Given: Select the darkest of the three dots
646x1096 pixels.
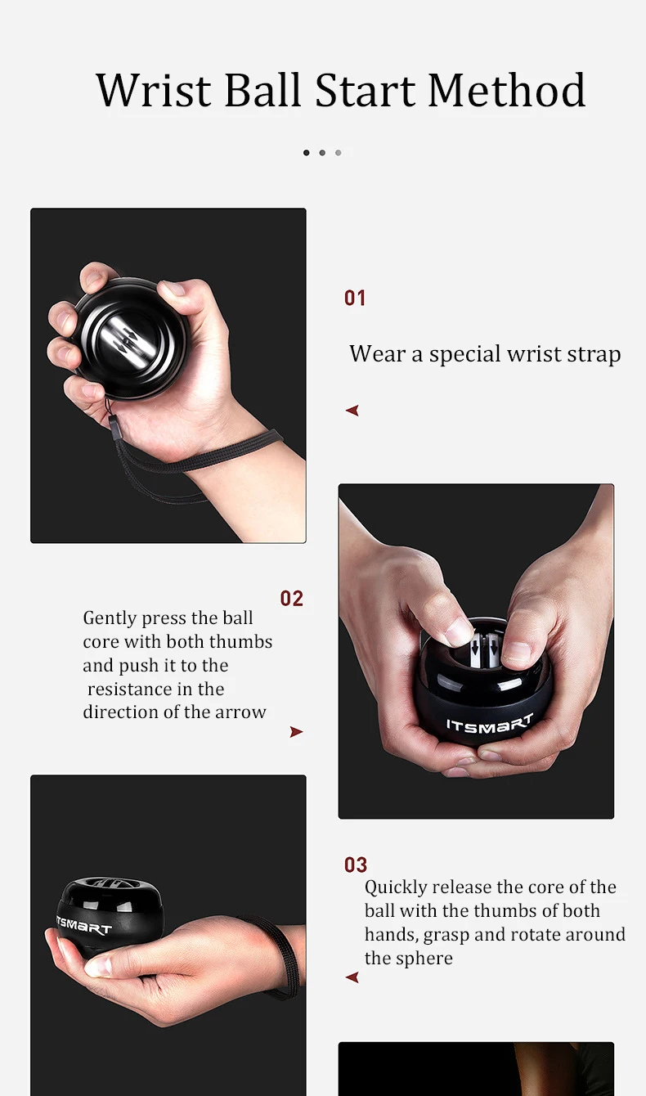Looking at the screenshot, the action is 306,153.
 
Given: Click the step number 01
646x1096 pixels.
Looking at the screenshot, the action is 355,298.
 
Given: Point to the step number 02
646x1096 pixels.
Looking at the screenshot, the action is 291,599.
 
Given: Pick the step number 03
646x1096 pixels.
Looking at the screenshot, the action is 356,865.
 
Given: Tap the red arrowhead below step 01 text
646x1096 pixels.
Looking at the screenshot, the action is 352,411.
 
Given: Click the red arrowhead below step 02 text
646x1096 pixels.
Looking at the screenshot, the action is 296,731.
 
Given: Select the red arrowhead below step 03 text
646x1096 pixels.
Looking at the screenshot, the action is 352,977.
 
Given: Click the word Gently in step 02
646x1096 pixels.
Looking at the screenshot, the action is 110,618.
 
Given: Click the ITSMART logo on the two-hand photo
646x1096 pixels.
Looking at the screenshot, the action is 490,724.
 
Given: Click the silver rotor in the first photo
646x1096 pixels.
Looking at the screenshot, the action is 128,338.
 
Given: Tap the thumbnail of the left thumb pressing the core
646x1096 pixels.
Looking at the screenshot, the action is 460,631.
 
